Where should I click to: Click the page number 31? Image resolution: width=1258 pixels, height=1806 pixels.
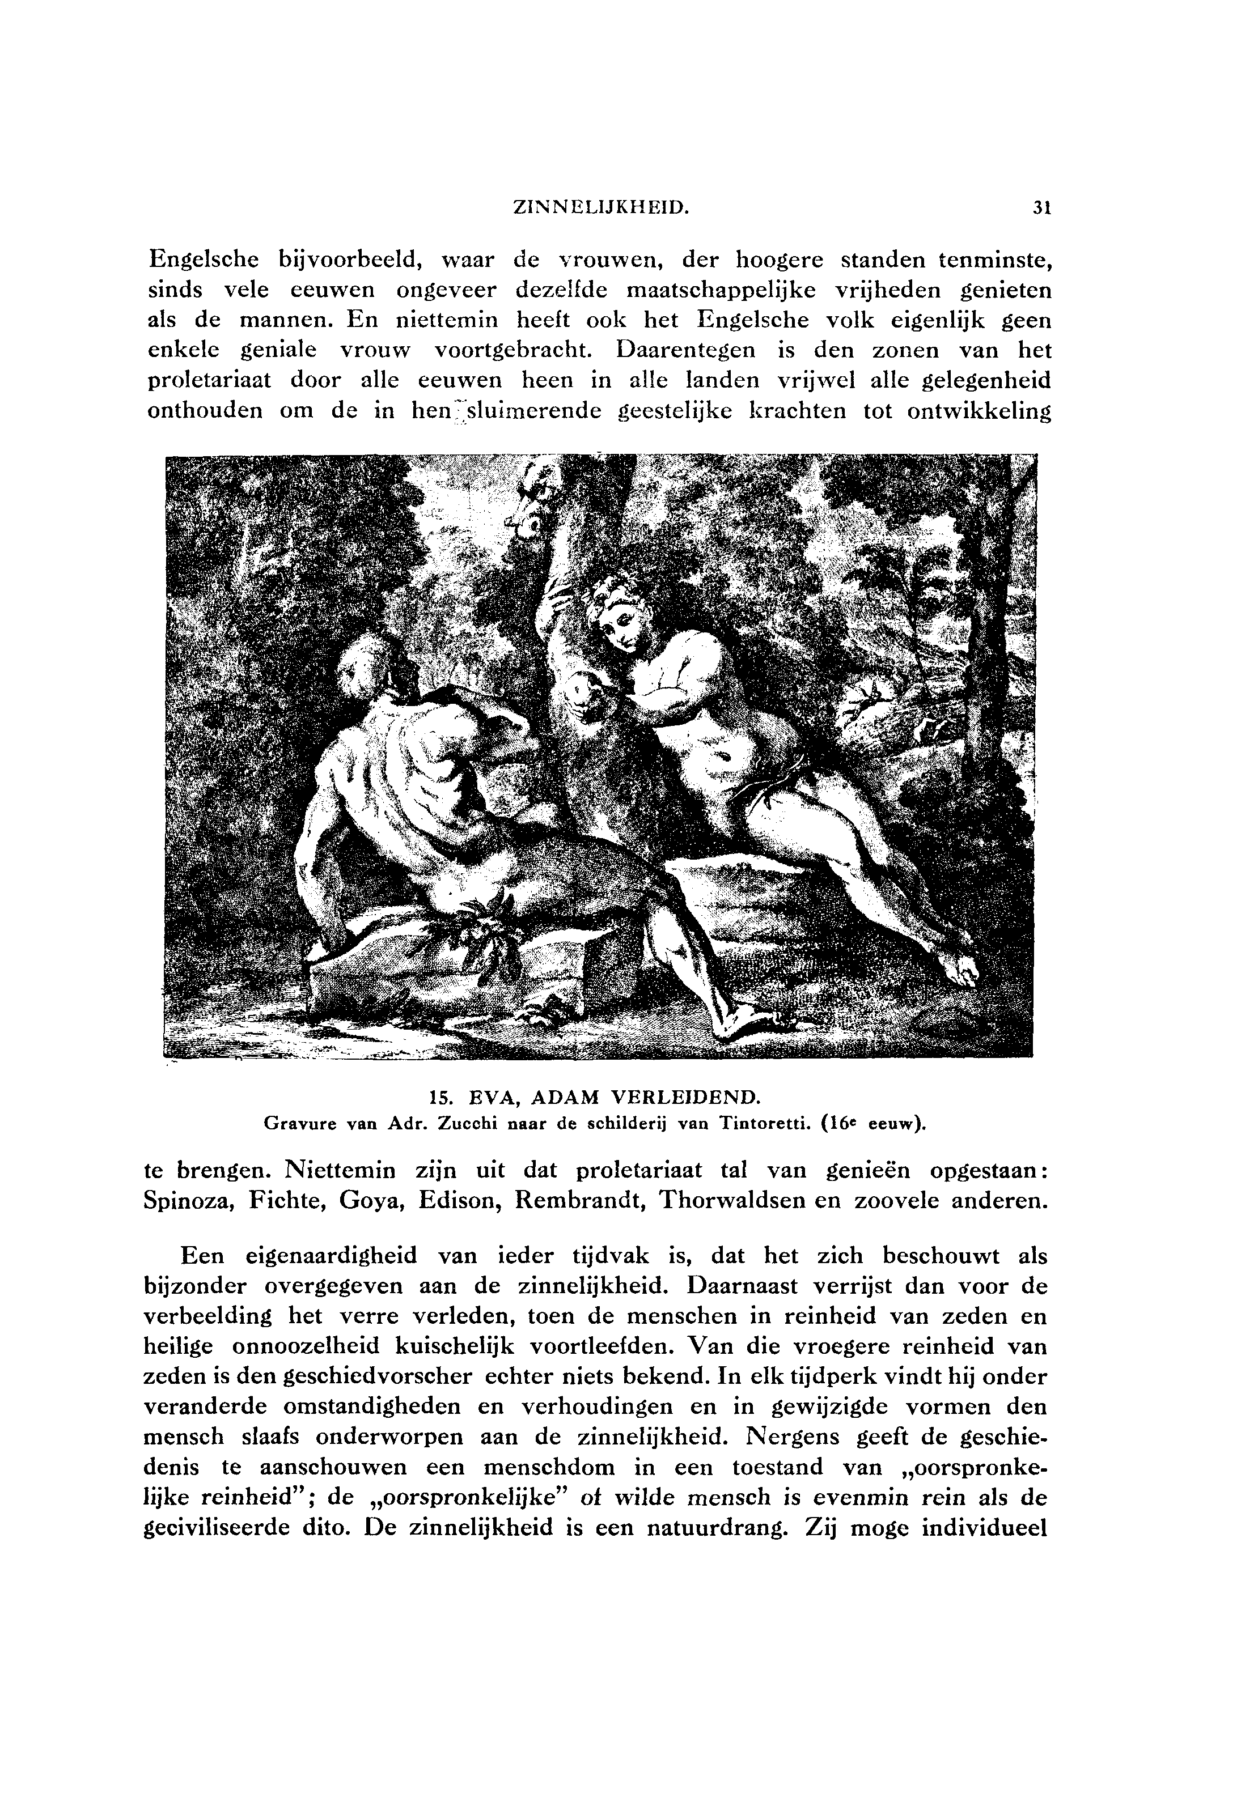click(1043, 209)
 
